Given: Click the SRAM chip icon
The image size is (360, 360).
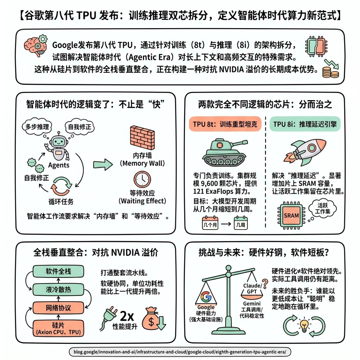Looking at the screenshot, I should (x=291, y=216).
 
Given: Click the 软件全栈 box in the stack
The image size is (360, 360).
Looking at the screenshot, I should (x=58, y=271).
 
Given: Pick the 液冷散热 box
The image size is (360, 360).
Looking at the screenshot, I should (x=58, y=289).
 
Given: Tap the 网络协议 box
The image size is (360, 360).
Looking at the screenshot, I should (x=58, y=308).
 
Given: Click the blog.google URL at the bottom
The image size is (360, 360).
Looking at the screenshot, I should (x=180, y=352).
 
